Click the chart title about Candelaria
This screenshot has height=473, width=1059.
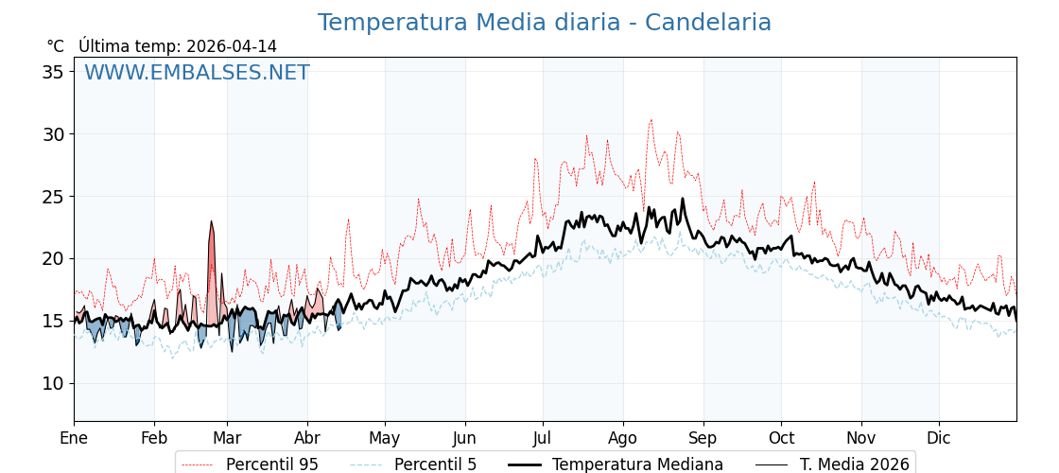(544, 23)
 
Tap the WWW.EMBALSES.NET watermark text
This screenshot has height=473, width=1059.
(197, 73)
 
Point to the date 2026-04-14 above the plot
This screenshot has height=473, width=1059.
(232, 46)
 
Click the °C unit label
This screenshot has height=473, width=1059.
(55, 46)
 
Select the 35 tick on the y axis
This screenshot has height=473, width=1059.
(55, 72)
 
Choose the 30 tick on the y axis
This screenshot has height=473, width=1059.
(55, 134)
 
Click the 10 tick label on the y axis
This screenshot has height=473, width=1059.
(55, 383)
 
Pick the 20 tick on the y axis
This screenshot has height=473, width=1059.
(55, 258)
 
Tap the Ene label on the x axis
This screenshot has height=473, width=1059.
(74, 438)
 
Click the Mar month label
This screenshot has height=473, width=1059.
(227, 438)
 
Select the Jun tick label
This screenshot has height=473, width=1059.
(464, 438)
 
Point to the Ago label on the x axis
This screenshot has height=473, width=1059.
(622, 438)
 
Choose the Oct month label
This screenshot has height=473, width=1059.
(781, 438)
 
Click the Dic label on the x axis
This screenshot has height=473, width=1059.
(939, 438)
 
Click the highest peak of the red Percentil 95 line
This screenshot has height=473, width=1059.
(651, 120)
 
